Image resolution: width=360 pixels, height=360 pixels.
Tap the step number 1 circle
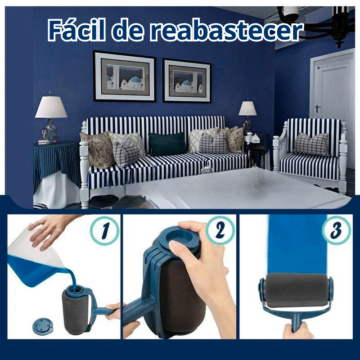point(104,230)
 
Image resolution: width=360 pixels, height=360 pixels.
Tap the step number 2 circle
point(220,230)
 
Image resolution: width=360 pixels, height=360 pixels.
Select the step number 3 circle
point(336,230)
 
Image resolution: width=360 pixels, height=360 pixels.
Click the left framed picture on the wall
point(124,76)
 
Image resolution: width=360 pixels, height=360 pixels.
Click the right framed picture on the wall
point(186,81)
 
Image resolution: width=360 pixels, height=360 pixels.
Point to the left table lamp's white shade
point(51,107)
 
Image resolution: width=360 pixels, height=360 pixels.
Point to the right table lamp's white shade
point(247,108)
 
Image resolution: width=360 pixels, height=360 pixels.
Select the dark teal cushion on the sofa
point(167,144)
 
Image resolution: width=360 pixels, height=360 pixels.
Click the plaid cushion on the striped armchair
point(311,144)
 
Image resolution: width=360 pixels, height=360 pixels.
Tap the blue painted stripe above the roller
point(297,243)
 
